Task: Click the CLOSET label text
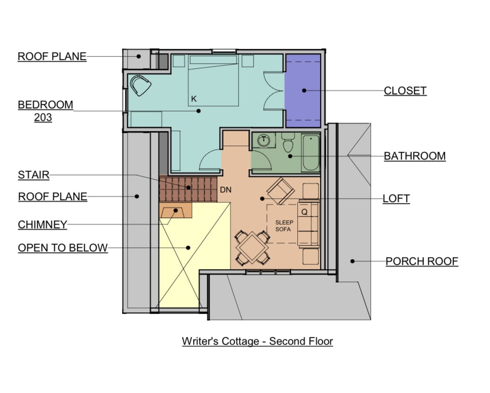405,91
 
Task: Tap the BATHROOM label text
414,156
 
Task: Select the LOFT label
396,198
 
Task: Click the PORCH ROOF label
422,262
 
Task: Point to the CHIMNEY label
43,225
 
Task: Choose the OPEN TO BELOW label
63,247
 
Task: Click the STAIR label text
34,175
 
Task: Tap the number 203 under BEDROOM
43,117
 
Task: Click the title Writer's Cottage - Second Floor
257,341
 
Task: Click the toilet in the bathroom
288,143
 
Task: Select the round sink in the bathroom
264,140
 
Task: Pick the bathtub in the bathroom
310,153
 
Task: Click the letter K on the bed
194,99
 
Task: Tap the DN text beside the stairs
226,189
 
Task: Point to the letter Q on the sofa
305,212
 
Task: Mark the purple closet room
303,91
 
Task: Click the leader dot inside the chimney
176,211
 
